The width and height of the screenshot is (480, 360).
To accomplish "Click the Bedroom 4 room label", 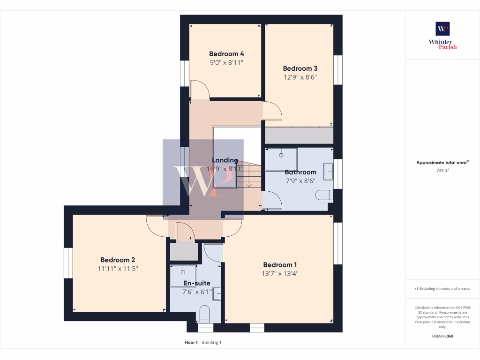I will pyautogui.click(x=226, y=54).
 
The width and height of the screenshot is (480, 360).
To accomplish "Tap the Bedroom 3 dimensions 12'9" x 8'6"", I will pyautogui.click(x=300, y=77).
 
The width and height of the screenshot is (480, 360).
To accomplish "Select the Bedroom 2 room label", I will pyautogui.click(x=118, y=260).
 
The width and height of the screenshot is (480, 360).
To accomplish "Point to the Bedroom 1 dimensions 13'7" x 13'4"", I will pyautogui.click(x=280, y=273).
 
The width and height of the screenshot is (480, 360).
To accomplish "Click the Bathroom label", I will pyautogui.click(x=300, y=172).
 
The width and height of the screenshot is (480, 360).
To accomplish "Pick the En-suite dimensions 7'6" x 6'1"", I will pyautogui.click(x=197, y=292).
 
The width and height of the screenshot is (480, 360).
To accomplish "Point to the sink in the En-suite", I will pyautogui.click(x=217, y=293).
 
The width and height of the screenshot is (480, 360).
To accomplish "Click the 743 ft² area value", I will pyautogui.click(x=442, y=170).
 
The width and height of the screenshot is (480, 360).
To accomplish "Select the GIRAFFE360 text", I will pyautogui.click(x=442, y=336).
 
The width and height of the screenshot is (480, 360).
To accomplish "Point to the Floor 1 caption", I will pyautogui.click(x=191, y=343).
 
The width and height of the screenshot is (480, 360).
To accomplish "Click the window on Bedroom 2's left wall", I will pyautogui.click(x=68, y=263).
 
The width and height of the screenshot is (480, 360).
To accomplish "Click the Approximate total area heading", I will pyautogui.click(x=442, y=163).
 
